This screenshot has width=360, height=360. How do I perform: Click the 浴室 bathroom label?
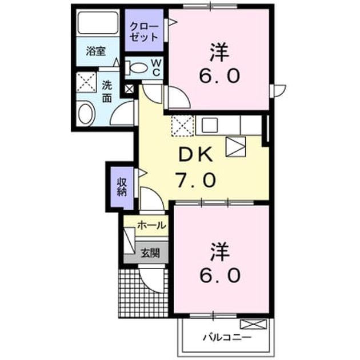coord(96,51)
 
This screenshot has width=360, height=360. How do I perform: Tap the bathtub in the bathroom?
coord(98,22)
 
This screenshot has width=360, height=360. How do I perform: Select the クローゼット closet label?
coord(144,33)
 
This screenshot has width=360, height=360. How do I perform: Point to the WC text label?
coord(157,67)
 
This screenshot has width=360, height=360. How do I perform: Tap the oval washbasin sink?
coord(86,114)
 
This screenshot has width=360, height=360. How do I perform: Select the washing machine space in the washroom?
coord(86,82)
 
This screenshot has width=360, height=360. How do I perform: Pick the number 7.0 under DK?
coord(195,180)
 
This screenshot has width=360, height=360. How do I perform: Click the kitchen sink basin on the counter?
coord(210,125)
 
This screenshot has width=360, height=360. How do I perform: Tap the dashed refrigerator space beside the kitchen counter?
coord(183,126)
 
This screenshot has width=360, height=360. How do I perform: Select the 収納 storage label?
coord(122,187)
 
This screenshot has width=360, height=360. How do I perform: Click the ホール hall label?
coord(151,226)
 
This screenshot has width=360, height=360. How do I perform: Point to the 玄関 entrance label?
coord(150,253)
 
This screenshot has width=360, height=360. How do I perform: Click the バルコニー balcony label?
coord(227,337)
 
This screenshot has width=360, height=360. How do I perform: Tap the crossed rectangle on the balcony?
coord(254,324)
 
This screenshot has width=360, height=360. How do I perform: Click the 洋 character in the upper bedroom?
coord(219,53)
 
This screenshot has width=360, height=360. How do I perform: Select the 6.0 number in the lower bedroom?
coord(220,275)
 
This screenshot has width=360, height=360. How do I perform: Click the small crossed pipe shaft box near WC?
coord(129,89)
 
